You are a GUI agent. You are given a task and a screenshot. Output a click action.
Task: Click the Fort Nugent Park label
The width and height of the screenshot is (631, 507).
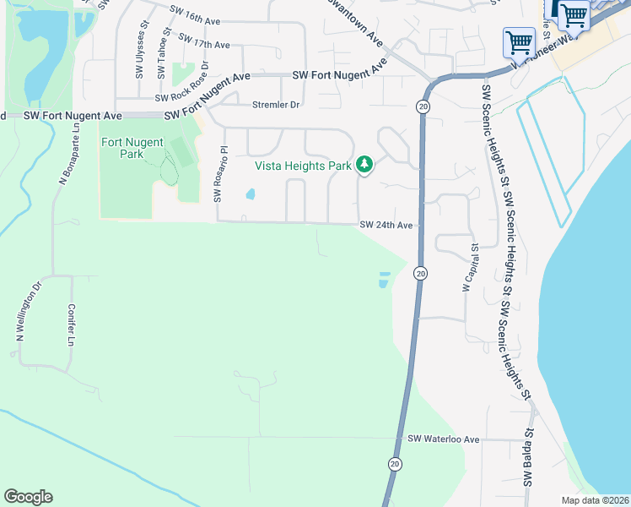click(132, 149)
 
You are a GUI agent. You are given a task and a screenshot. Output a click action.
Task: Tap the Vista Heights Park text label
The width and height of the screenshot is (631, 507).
click(303, 166)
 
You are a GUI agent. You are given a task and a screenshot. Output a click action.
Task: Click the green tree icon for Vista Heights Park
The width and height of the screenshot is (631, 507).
click(364, 164)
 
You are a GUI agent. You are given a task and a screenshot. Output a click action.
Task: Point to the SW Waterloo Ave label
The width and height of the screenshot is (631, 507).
click(443, 439)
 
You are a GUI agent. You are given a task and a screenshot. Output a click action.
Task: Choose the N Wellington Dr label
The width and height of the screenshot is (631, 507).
click(28, 312)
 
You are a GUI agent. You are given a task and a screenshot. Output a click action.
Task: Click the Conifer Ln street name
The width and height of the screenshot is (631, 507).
click(72, 325)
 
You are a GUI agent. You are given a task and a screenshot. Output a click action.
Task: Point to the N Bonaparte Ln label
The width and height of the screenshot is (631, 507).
click(69, 154)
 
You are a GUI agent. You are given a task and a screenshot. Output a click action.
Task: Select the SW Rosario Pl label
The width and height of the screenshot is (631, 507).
click(220, 174)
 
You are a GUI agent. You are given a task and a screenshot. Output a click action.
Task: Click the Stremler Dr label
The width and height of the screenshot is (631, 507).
click(276, 105)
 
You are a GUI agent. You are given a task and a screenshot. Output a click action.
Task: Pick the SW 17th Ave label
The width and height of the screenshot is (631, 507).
click(203, 43)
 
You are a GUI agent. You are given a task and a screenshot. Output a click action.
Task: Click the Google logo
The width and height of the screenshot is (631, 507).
click(28, 497)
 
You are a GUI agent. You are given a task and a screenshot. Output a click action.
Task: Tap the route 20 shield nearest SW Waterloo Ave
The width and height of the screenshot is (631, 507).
click(394, 464)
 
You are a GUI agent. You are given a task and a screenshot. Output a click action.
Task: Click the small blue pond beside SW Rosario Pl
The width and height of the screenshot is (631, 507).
click(251, 194)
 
